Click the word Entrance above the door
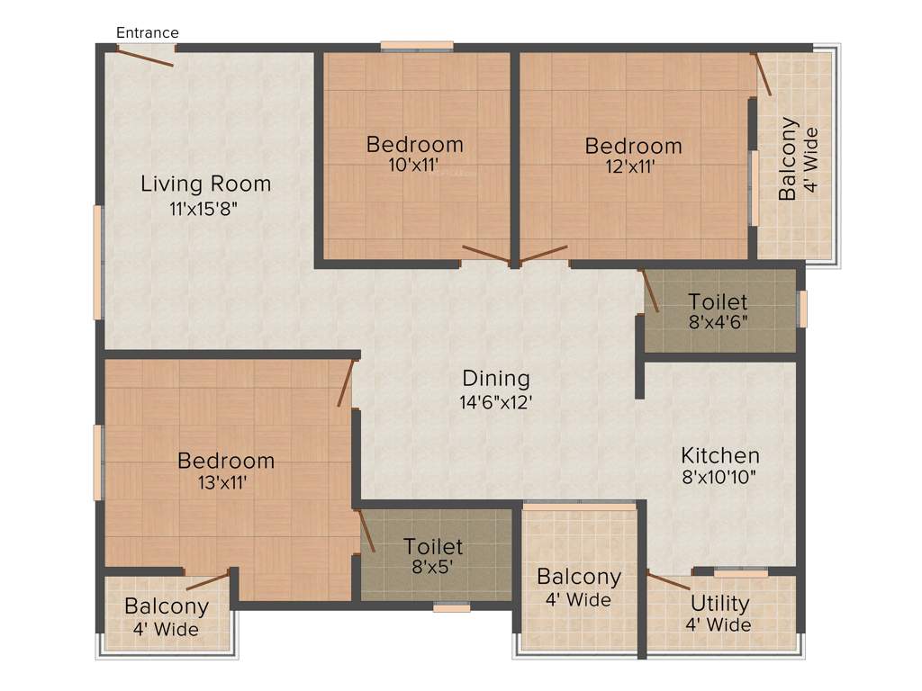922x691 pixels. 148,32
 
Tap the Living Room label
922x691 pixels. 205,184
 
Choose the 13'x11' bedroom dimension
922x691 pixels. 223,482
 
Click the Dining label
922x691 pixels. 496,378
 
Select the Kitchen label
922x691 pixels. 719,455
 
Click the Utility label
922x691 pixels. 719,603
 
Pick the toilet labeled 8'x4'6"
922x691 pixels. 718,310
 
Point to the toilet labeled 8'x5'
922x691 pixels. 432,556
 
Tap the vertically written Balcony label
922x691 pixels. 788,158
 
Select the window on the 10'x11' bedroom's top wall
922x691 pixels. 416,46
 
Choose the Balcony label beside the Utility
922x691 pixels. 578,577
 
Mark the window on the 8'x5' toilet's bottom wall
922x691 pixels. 451,607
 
